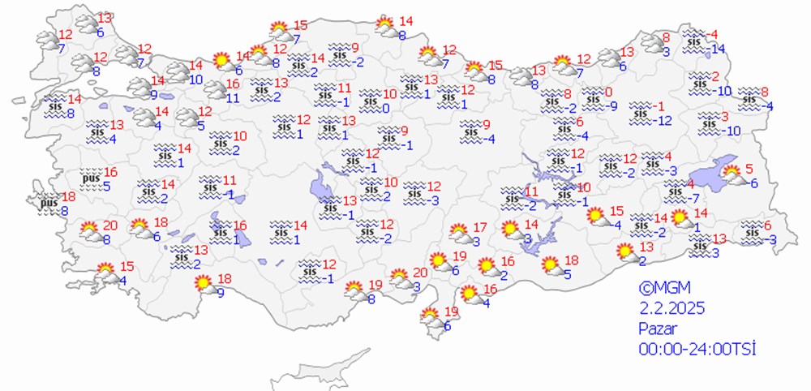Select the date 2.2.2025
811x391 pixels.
[671, 307]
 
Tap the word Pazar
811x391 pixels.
[657, 329]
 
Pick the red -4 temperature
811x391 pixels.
[713, 34]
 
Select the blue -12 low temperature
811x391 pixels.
[663, 121]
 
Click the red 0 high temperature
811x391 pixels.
[608, 92]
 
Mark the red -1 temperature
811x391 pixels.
[660, 106]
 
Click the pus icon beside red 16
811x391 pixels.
[91, 178]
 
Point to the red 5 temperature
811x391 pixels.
[750, 169]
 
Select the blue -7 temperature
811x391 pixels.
[694, 199]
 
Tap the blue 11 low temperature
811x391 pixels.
[233, 98]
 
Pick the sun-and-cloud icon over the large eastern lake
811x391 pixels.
[732, 174]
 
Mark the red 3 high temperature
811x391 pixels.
[724, 117]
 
